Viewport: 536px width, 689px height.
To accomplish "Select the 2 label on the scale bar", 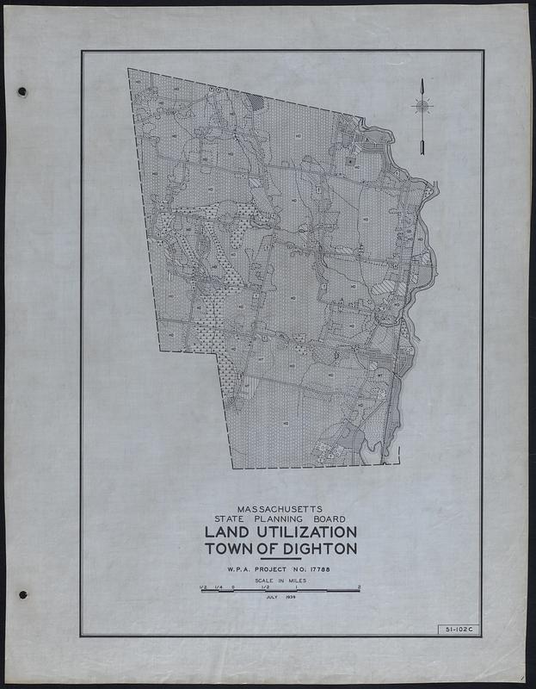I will pyautogui.click(x=359, y=587).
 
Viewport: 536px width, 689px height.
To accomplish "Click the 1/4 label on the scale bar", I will pyautogui.click(x=219, y=587).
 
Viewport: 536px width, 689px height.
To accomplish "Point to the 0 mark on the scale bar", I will pyautogui.click(x=233, y=587).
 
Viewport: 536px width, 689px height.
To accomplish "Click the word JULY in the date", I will pyautogui.click(x=273, y=598).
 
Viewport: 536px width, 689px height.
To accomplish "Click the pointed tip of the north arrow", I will pyautogui.click(x=422, y=81).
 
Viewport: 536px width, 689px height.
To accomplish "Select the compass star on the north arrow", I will pyautogui.click(x=422, y=106).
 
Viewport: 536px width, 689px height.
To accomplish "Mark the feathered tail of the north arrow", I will pyautogui.click(x=422, y=146).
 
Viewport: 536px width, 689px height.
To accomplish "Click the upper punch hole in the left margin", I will pyautogui.click(x=22, y=92).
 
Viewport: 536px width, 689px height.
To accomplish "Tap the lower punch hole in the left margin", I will pyautogui.click(x=22, y=594).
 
